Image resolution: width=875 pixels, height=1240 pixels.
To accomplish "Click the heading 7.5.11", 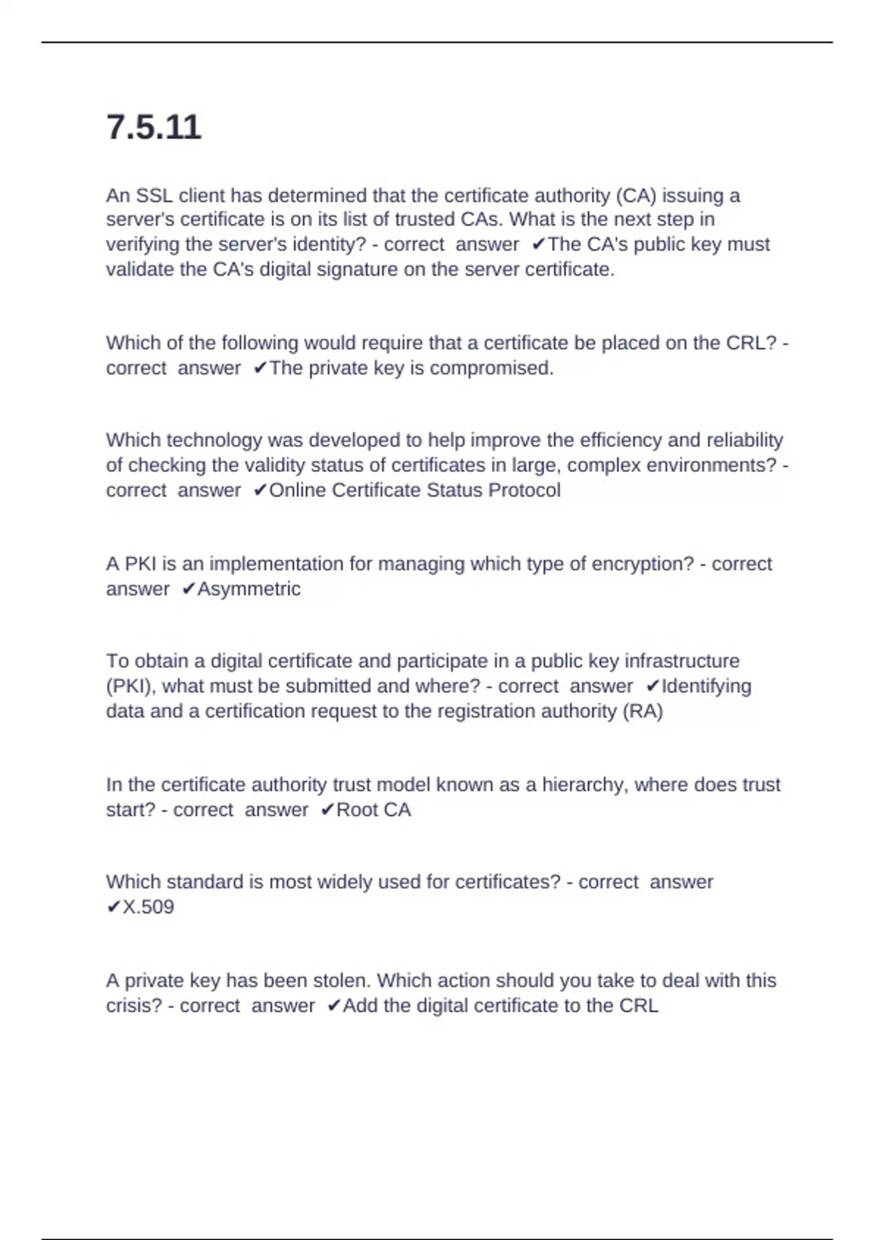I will [x=153, y=128].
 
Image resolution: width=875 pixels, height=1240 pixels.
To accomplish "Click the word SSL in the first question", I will [x=155, y=195].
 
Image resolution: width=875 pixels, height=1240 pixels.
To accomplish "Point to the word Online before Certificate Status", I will [x=298, y=490].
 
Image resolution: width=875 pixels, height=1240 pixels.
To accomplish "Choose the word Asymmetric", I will [x=249, y=589].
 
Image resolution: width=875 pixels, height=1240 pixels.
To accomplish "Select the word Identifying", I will [x=706, y=686].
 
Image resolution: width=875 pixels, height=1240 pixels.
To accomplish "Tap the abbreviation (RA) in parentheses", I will [x=642, y=711].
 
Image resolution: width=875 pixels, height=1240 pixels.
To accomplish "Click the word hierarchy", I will [x=585, y=785].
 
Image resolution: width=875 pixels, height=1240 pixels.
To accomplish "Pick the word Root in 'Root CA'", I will [x=357, y=810].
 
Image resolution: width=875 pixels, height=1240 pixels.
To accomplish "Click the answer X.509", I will [x=148, y=907].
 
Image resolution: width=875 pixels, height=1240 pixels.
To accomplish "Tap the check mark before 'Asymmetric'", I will [x=188, y=589].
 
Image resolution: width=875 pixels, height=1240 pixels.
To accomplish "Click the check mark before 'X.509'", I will [x=113, y=907].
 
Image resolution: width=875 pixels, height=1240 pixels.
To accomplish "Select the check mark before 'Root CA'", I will [x=327, y=810].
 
